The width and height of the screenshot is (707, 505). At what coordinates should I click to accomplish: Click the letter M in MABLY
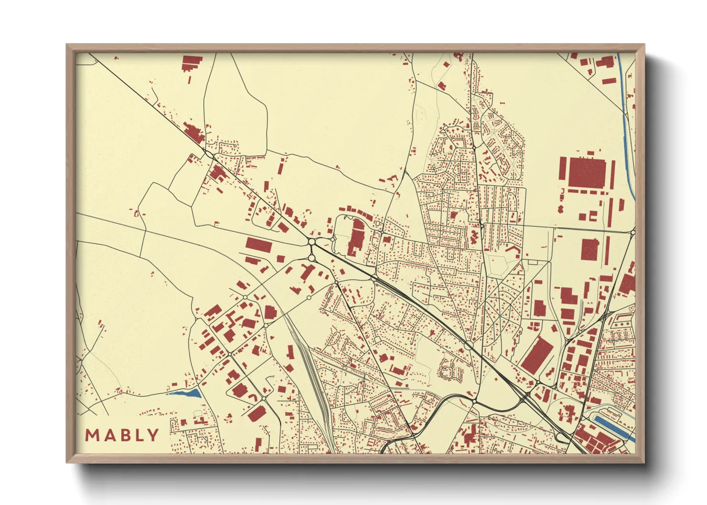pos(92,435)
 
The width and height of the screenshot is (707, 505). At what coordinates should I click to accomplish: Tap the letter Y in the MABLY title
pos(153,435)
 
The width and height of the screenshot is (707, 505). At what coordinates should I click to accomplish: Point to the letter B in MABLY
pos(123,435)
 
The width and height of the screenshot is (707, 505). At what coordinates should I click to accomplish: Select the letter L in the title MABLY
pos(138,435)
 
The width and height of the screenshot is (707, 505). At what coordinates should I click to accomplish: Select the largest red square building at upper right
pos(587,172)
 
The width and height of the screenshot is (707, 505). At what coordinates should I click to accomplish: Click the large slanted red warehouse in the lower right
pos(537,354)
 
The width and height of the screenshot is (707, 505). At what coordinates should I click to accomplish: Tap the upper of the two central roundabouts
pos(311,242)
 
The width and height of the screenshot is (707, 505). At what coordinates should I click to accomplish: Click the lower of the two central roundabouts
pos(311,258)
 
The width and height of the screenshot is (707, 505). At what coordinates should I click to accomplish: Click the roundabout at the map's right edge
pos(632,232)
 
